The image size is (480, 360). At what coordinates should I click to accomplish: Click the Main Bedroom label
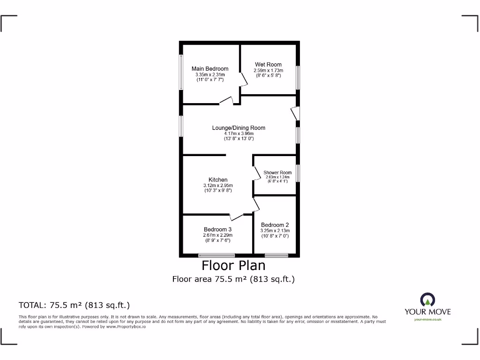(210, 69)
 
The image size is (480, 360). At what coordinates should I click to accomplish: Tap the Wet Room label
(268, 65)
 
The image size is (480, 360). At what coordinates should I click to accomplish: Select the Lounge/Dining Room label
(239, 127)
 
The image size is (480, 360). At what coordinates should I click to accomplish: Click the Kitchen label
(218, 180)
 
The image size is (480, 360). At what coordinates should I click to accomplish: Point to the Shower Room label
(277, 172)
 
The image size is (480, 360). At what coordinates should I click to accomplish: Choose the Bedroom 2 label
(275, 225)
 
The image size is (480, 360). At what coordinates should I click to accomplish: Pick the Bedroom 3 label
(217, 229)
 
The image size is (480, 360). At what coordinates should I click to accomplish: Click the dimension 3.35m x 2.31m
(210, 75)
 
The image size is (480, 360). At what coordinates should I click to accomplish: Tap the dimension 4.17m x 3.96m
(239, 133)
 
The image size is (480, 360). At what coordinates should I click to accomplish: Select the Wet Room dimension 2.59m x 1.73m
(268, 70)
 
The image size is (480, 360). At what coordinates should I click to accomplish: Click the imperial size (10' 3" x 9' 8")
(218, 191)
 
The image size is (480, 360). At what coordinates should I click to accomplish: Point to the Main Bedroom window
(181, 73)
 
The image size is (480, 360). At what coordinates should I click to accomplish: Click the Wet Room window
(298, 77)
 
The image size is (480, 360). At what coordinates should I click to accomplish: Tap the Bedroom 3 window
(217, 255)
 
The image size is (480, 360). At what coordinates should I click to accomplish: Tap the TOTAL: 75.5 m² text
(74, 305)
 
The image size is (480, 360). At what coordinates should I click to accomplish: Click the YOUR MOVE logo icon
(427, 300)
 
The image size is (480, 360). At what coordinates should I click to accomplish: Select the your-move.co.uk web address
(427, 320)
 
